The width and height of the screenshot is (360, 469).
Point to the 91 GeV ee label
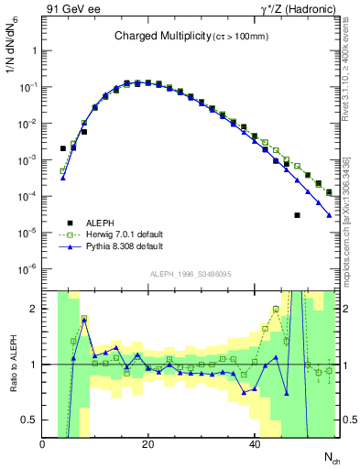(x=73, y=9)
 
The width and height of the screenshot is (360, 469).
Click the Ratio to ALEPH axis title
(x=13, y=364)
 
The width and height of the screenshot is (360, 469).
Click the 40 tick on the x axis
(x=254, y=444)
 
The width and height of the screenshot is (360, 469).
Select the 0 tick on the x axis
(x=42, y=444)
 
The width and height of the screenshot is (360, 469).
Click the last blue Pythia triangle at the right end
(x=329, y=216)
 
